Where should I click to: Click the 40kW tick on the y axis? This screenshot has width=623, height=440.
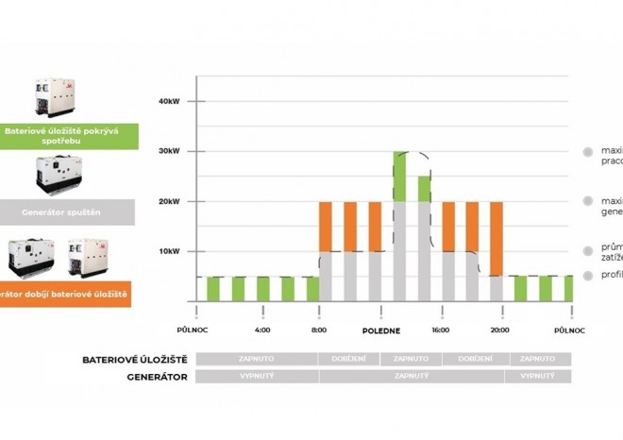coord(170,101)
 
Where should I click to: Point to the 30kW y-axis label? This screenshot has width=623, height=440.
coord(170,151)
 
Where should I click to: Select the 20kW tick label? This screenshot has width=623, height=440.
coord(170,201)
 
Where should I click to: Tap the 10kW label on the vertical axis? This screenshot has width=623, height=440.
coord(170,251)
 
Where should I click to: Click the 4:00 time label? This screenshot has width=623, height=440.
coord(262,330)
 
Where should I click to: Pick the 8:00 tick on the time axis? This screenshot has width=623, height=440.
coord(319,330)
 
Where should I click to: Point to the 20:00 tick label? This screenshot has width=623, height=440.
coord(499,330)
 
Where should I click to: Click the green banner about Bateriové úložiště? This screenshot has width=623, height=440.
coord(69,136)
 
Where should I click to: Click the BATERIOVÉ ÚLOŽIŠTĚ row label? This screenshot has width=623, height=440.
coord(135,360)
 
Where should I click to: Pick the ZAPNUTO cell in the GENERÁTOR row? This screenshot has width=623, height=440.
coord(412,376)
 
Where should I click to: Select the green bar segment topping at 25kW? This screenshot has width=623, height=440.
coord(424,188)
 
